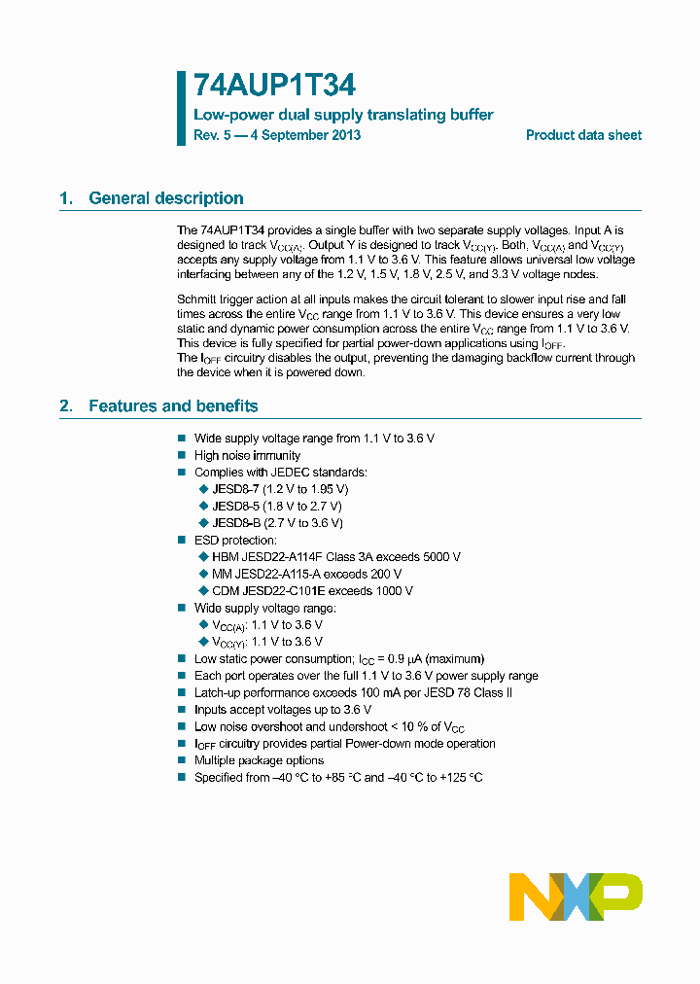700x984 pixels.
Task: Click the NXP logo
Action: pos(576,896)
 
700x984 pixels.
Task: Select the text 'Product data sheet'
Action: pos(583,135)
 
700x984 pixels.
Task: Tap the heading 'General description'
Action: pos(166,198)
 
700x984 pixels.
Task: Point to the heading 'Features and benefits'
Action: pos(173,405)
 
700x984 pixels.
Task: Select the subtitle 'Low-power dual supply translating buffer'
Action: pos(343,115)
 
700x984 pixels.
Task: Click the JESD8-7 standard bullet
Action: pos(279,489)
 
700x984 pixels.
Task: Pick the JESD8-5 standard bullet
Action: pos(276,506)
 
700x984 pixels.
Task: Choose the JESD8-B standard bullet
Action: pos(276,523)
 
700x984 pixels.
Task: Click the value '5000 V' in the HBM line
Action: pos(438,557)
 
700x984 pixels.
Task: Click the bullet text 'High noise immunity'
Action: pos(247,455)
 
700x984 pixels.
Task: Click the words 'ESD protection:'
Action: pos(235,540)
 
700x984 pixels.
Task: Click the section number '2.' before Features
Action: pos(66,405)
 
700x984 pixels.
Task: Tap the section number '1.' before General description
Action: pos(66,198)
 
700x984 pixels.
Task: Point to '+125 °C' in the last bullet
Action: pos(461,778)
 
